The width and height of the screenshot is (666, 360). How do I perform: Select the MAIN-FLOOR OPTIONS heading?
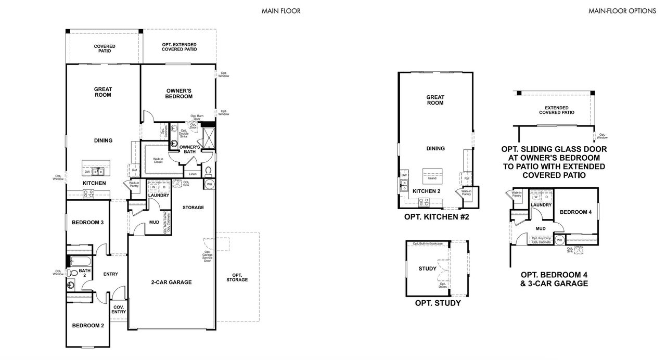(622, 10)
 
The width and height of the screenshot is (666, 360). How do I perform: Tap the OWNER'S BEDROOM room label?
(179, 93)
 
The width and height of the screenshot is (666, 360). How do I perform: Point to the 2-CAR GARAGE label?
(171, 282)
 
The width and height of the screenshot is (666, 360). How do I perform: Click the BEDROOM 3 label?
(87, 223)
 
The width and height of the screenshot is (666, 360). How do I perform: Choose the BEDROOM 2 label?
(87, 326)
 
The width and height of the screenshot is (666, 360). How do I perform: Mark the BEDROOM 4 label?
(575, 212)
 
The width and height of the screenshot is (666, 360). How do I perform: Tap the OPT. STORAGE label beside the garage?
(237, 277)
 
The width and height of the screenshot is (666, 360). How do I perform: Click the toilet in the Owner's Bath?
(208, 171)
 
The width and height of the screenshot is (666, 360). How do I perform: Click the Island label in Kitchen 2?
(432, 178)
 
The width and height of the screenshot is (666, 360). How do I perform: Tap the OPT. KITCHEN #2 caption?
(437, 217)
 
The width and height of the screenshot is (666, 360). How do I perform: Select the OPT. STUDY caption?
(437, 303)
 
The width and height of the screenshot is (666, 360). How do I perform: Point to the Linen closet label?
(193, 174)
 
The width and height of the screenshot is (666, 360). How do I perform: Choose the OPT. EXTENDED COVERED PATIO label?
(179, 47)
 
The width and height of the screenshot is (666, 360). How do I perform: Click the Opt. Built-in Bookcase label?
(428, 243)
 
